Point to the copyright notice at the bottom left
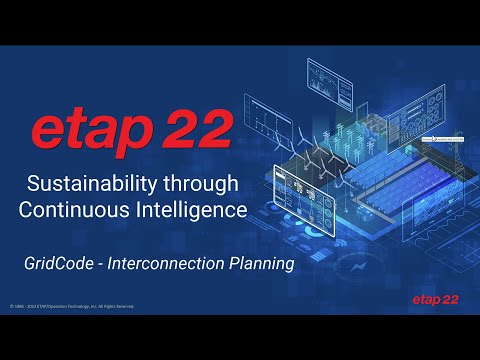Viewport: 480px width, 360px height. pos(71,306)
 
